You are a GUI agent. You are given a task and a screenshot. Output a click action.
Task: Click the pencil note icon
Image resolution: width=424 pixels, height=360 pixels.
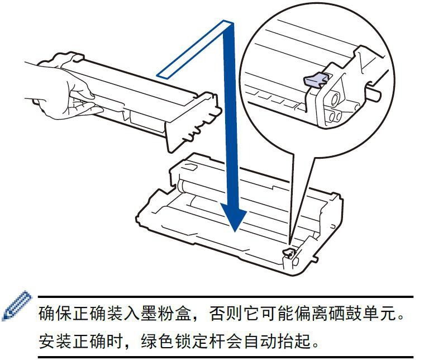tap(17, 306)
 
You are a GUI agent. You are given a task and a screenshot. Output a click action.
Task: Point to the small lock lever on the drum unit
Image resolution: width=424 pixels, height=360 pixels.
tap(288, 253)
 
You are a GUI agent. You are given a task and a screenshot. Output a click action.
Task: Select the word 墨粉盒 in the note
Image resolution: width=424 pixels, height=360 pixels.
tap(166, 314)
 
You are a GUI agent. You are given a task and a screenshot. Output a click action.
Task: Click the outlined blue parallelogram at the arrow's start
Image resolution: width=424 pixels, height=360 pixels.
tap(195, 50)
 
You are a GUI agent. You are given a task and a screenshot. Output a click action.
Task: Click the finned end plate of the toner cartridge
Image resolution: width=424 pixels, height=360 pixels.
tap(193, 122)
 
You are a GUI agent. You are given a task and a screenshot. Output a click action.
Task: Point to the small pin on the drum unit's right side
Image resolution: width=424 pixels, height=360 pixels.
tap(315, 258)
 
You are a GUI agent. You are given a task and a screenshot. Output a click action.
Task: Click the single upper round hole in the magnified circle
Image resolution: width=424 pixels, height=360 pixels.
tap(335, 99)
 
